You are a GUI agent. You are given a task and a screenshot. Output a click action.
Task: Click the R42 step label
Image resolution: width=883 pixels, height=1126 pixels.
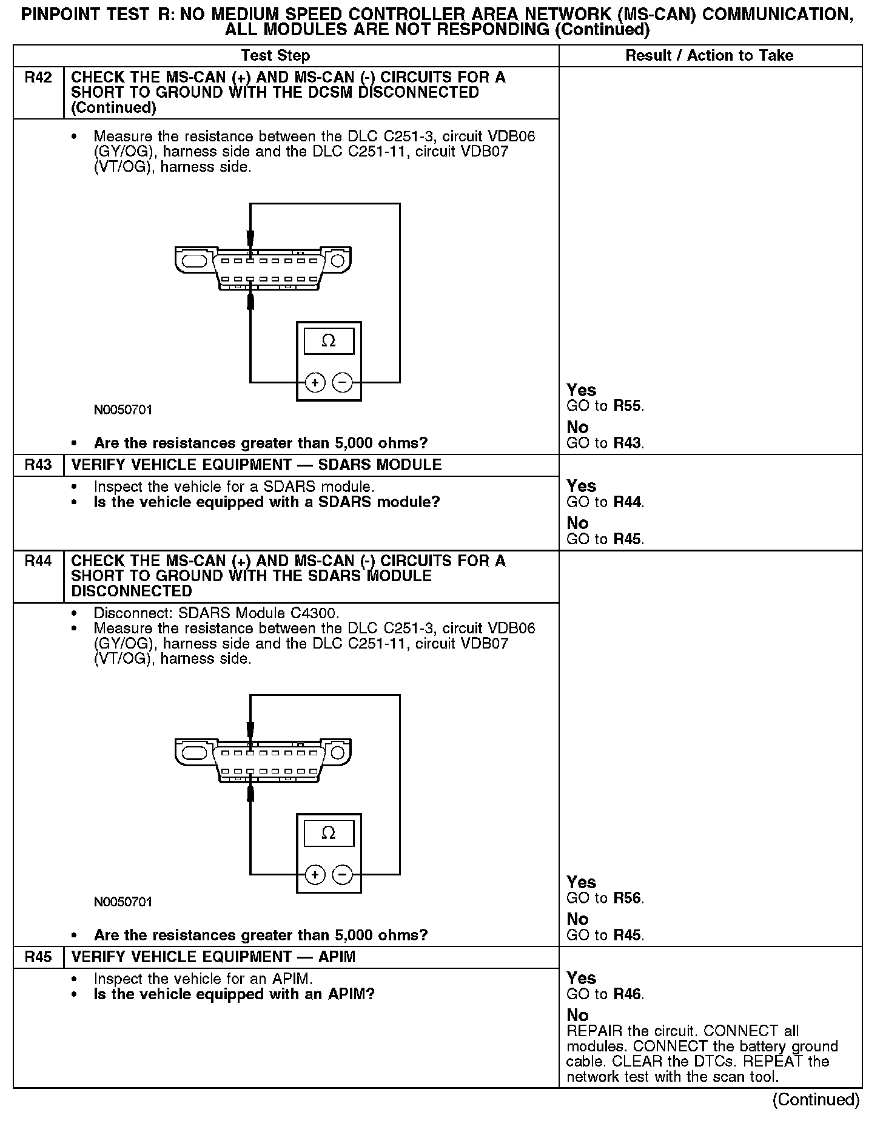coord(38,78)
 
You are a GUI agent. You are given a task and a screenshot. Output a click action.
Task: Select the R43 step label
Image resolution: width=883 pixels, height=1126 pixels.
coord(38,465)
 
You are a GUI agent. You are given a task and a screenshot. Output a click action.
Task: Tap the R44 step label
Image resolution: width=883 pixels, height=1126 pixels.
coord(38,561)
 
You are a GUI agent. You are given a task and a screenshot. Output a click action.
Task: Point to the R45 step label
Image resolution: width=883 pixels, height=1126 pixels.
coord(38,957)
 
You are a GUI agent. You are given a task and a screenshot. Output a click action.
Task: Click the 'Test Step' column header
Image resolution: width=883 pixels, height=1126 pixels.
coord(275,56)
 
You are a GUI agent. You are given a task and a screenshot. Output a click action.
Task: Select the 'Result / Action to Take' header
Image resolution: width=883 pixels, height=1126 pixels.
coord(709,56)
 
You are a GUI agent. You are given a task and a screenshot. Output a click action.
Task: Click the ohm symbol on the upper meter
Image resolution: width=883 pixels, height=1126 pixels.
coord(329,341)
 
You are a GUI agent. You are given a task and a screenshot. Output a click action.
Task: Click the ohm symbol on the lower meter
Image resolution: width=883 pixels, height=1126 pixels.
coord(329,833)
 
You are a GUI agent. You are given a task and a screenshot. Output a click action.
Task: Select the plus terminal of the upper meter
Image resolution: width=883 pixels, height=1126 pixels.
coord(315,383)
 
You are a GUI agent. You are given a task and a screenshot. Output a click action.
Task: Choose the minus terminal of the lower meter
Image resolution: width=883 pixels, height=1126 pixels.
coord(343,875)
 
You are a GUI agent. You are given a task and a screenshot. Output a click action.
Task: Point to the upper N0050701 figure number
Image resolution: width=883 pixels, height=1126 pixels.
coord(123,410)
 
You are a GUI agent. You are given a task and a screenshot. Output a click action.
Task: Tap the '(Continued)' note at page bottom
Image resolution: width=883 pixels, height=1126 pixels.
coord(816,1100)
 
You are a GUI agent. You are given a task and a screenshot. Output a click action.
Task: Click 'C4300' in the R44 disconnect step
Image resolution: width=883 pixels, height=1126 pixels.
coord(318,613)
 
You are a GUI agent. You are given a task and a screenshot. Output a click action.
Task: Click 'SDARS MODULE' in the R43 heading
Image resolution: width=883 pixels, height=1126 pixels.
coord(380,465)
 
